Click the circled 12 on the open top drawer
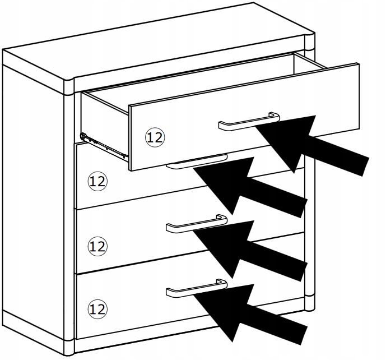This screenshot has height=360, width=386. (155, 137)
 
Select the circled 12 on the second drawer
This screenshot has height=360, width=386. (97, 181)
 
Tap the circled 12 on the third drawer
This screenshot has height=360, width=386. (97, 246)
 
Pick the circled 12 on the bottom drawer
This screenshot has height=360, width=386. (97, 309)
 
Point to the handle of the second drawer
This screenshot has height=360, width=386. (197, 161)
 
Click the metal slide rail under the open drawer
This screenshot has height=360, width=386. (105, 147)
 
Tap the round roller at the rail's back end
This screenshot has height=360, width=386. (83, 136)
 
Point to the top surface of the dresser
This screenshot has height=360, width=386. (157, 42)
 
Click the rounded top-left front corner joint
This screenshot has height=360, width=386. (69, 87)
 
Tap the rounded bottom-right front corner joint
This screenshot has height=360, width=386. (310, 302)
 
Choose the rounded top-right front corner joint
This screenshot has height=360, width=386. (310, 42)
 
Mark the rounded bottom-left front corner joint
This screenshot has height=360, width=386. (69, 348)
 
